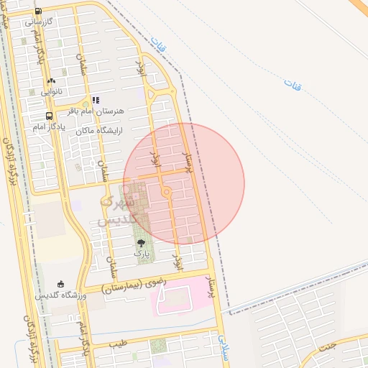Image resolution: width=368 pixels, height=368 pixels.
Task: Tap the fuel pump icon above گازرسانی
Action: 38,11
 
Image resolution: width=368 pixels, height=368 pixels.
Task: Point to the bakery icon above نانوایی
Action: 51,80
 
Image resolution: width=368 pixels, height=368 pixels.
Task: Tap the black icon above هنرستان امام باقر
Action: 96,101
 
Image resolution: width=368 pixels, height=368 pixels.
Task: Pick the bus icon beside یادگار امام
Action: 49,116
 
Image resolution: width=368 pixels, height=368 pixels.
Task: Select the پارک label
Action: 140,254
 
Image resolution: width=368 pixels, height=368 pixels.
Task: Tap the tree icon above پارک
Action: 141,243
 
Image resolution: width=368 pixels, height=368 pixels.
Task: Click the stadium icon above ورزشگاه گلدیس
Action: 61,283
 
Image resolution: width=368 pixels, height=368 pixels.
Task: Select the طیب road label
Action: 118,344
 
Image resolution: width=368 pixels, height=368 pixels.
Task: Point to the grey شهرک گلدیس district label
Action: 115,209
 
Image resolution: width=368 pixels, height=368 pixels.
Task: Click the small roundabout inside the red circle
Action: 167,192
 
